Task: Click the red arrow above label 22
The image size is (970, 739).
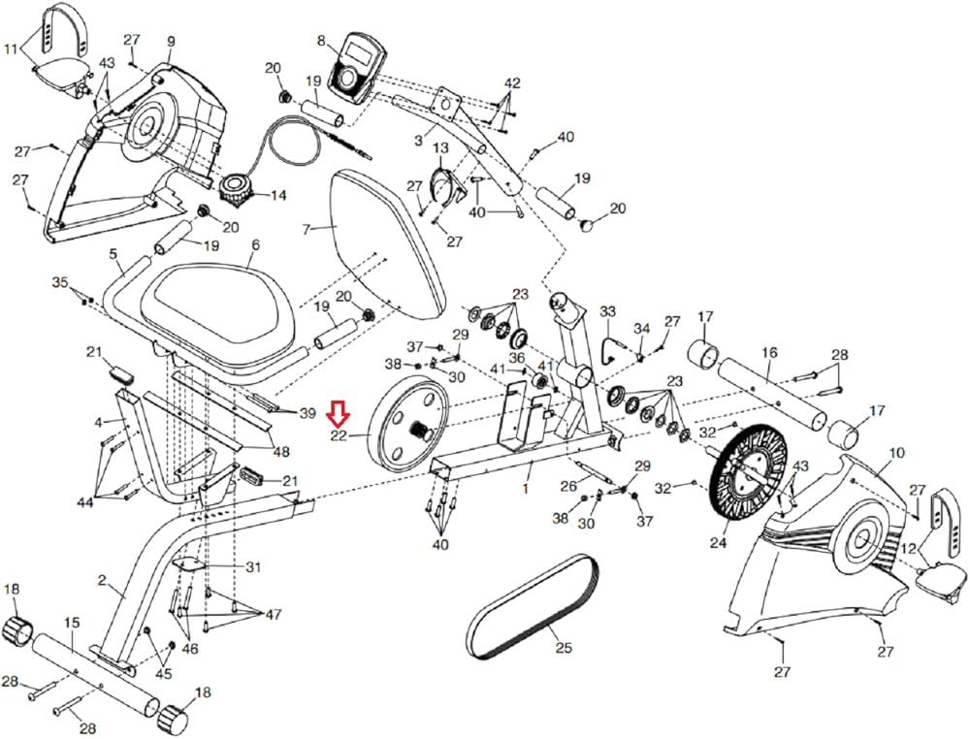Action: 339,414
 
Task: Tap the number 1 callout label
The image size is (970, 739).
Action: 527,491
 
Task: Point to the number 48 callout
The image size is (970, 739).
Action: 280,451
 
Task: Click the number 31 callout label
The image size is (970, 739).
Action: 253,566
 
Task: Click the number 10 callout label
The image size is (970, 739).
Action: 895,453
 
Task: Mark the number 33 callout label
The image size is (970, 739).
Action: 607,311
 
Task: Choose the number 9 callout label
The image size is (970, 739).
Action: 171,41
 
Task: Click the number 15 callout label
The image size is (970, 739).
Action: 71,622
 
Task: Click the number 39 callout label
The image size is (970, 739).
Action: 307,413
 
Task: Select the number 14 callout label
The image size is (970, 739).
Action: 278,195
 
